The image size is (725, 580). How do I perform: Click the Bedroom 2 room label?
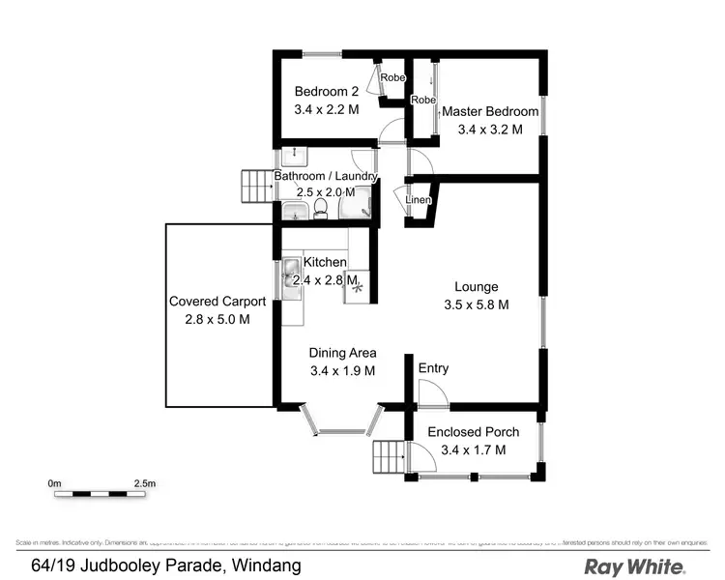pyautogui.click(x=327, y=92)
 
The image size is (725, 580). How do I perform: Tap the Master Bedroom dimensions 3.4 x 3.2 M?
pyautogui.click(x=490, y=130)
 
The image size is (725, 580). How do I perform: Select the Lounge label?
pyautogui.click(x=477, y=287)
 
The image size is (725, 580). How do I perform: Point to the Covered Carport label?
pyautogui.click(x=217, y=302)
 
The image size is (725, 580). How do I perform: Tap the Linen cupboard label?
pyautogui.click(x=418, y=200)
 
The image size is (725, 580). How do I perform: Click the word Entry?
pyautogui.click(x=433, y=368)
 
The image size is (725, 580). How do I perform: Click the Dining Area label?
pyautogui.click(x=342, y=353)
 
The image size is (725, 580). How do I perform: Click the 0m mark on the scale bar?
pyautogui.click(x=54, y=481)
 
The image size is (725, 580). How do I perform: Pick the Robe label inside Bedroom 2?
pyautogui.click(x=392, y=77)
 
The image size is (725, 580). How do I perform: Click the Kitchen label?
pyautogui.click(x=325, y=262)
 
